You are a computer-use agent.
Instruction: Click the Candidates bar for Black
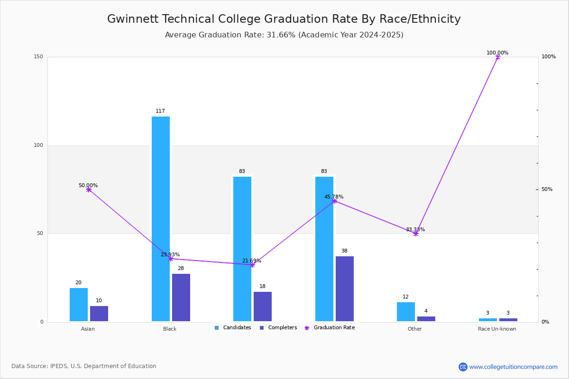[x=161, y=219]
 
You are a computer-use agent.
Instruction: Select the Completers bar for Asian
[x=99, y=314]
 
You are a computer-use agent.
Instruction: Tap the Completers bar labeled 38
[x=345, y=289]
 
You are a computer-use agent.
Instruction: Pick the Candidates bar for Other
[x=406, y=312]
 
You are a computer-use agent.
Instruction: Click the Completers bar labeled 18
[x=263, y=307]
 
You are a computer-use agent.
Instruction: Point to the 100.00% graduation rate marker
[x=498, y=57]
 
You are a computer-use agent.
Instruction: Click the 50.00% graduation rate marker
[x=89, y=189]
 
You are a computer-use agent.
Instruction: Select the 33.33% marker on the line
[x=416, y=234]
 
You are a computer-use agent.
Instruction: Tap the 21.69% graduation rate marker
[x=252, y=265]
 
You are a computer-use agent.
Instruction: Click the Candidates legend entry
[x=233, y=328]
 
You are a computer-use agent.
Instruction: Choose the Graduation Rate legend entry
[x=330, y=328]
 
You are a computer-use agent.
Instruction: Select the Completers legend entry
[x=278, y=328]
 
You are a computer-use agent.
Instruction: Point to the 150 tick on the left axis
[x=38, y=56]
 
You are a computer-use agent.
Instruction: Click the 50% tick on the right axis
[x=547, y=189]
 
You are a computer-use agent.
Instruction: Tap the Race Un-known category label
[x=497, y=329]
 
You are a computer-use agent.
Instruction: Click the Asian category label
[x=88, y=329]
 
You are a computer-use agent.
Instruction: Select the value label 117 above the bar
[x=160, y=111]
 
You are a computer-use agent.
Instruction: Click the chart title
[x=284, y=19]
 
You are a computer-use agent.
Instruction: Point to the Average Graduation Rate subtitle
[x=284, y=35]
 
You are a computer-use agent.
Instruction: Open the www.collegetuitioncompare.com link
[x=513, y=367]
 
